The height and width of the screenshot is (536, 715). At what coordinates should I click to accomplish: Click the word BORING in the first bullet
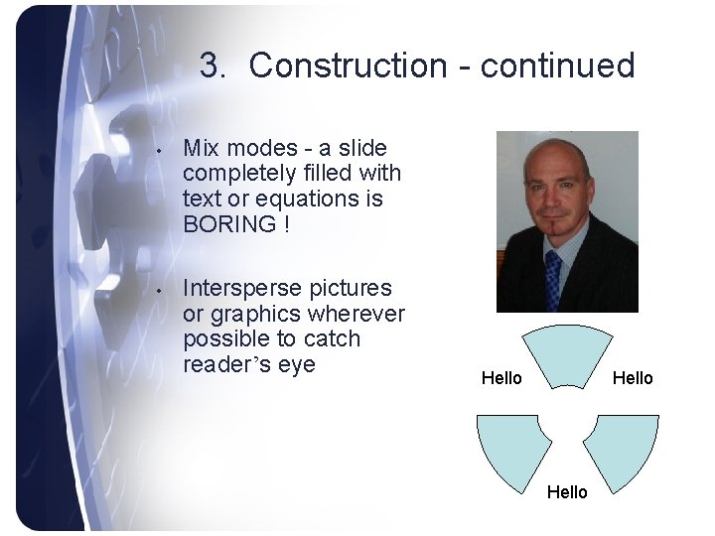click(x=229, y=224)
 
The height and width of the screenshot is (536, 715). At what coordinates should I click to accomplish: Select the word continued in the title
click(x=557, y=66)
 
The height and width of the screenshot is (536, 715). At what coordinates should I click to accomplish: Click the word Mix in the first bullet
click(x=202, y=148)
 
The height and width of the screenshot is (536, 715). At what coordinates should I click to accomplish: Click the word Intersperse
click(x=243, y=289)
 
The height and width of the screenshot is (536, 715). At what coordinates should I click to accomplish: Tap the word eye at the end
click(x=297, y=364)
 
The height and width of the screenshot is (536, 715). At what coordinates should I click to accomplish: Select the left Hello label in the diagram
click(x=501, y=378)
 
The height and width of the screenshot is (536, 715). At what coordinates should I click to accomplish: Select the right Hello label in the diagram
click(x=633, y=378)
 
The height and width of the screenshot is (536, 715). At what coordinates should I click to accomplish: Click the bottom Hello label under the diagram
click(x=567, y=492)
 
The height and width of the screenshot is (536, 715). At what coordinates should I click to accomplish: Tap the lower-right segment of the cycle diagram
click(x=622, y=450)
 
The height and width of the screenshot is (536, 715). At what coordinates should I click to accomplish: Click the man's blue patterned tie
click(x=553, y=278)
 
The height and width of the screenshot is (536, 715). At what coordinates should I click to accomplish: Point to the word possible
click(x=223, y=339)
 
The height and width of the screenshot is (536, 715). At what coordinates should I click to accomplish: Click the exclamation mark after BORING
click(x=287, y=224)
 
